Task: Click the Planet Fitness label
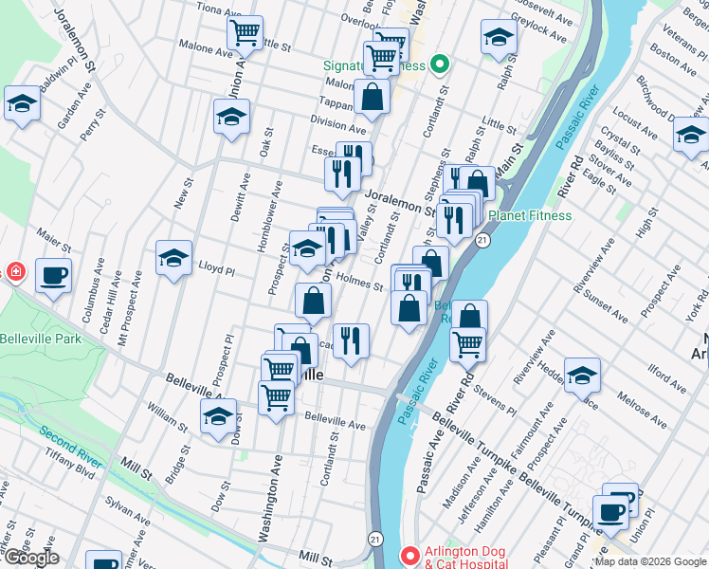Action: (x=530, y=215)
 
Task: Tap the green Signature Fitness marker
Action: (x=438, y=65)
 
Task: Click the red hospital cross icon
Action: (x=14, y=273)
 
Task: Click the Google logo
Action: (x=30, y=558)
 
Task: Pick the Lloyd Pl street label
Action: (x=216, y=269)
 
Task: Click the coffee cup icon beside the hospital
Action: (x=54, y=275)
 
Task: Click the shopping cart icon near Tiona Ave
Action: (x=245, y=33)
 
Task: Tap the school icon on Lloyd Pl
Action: (x=173, y=257)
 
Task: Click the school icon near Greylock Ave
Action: (x=499, y=37)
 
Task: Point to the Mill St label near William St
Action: (x=138, y=467)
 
